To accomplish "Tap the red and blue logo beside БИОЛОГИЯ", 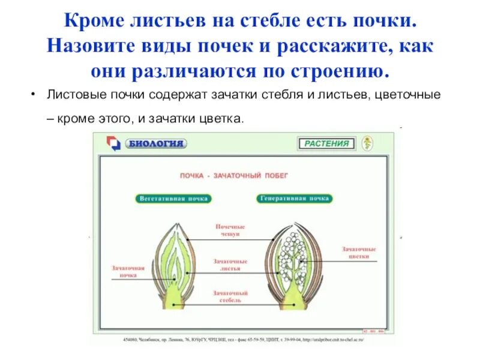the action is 113,143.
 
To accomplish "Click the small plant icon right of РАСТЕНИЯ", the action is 367,143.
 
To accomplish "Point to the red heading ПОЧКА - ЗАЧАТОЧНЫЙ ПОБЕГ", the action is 235,176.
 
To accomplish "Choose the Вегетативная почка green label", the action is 174,198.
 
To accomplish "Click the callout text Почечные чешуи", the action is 230,230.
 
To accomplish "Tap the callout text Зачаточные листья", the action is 230,265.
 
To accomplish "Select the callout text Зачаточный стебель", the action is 230,296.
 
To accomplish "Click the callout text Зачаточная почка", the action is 128,271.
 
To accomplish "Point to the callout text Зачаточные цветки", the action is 359,251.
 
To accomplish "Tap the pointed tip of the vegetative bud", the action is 176,223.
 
